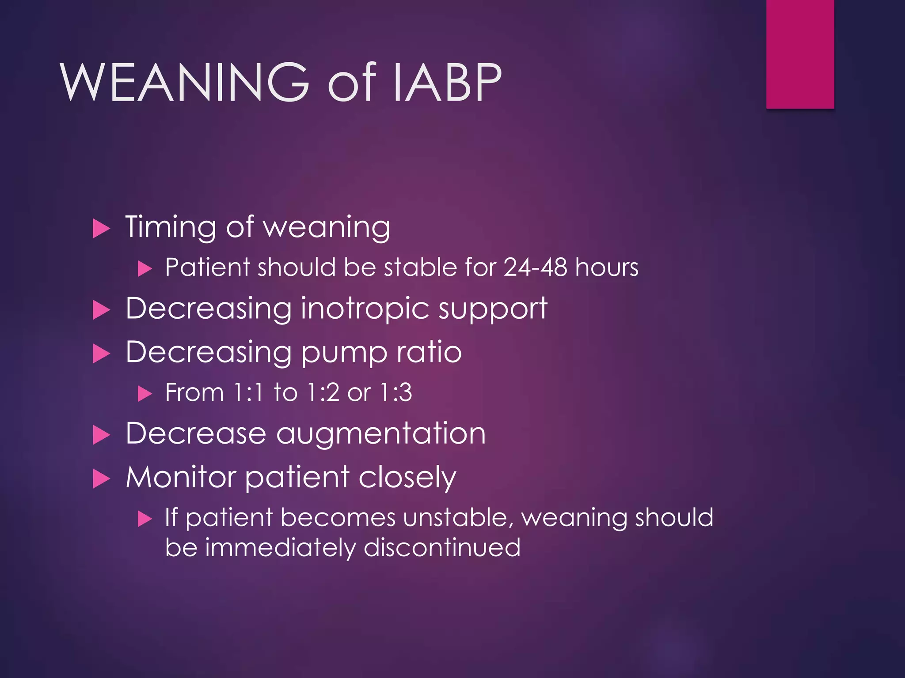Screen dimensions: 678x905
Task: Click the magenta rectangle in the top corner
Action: pyautogui.click(x=800, y=54)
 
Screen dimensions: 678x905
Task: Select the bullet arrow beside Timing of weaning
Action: pyautogui.click(x=101, y=229)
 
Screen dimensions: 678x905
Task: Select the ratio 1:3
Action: pyautogui.click(x=396, y=392)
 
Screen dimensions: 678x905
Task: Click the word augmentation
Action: pyautogui.click(x=381, y=433)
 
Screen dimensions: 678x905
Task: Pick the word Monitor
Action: pyautogui.click(x=181, y=477)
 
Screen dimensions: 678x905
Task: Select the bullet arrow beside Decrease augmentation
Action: pyautogui.click(x=101, y=435)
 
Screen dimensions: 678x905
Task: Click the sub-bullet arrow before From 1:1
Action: pyautogui.click(x=144, y=394)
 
